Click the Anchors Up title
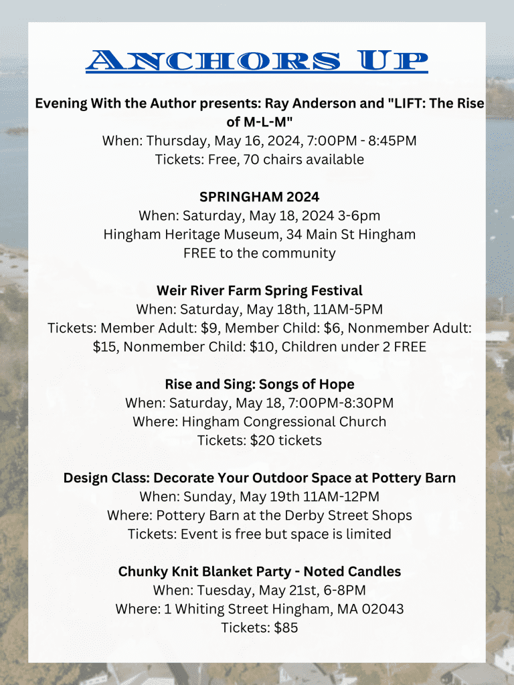tap(257, 62)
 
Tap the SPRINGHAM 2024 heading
tap(260, 197)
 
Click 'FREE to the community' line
tap(260, 253)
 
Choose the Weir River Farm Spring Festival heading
tap(260, 290)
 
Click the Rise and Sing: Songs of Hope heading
tap(260, 384)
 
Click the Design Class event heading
tap(260, 478)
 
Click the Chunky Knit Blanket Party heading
tap(260, 571)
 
